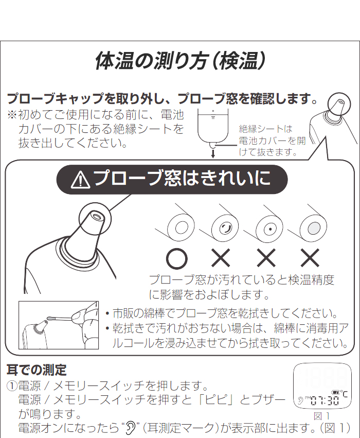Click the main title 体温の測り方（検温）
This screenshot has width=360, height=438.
(x=180, y=61)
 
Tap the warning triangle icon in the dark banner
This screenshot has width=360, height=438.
(x=80, y=180)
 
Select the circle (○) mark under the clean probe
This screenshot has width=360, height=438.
(x=176, y=259)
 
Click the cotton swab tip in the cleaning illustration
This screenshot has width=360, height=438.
(x=50, y=318)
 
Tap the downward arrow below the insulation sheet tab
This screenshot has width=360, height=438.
(x=213, y=154)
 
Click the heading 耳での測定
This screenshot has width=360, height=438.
(x=37, y=370)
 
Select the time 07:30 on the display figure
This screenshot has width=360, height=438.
(x=325, y=401)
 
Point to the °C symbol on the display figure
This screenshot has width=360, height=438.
(x=344, y=394)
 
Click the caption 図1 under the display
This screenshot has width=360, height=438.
(x=322, y=416)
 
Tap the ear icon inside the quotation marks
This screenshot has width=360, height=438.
(x=130, y=427)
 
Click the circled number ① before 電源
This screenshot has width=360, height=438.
(x=12, y=386)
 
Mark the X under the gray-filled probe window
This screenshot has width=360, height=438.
(x=310, y=258)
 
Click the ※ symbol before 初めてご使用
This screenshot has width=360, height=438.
(x=12, y=115)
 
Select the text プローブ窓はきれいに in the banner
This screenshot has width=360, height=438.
(x=182, y=179)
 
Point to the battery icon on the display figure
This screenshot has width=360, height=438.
(x=335, y=393)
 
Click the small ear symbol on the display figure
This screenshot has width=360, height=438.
(x=300, y=401)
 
